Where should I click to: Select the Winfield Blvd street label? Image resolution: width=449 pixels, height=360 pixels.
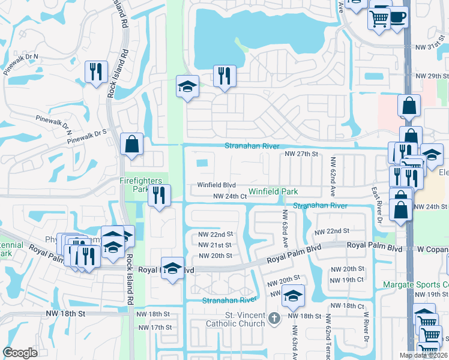click(217, 185)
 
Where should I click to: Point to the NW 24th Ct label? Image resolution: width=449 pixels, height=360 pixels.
click(231, 196)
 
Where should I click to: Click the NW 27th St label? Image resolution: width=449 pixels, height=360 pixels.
click(300, 154)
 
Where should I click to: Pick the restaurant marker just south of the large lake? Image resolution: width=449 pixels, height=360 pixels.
click(224, 76)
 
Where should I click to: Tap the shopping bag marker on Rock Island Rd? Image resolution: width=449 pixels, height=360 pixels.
click(131, 144)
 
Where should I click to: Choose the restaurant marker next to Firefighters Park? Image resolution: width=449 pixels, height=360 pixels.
click(160, 195)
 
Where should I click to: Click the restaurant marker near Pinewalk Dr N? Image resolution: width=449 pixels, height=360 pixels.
click(96, 71)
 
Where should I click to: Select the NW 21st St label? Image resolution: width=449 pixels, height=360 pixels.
click(214, 245)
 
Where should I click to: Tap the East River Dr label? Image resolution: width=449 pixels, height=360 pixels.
click(376, 203)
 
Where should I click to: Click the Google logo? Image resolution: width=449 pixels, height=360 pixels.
click(20, 353)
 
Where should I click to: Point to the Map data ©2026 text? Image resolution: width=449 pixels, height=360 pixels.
click(424, 355)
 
